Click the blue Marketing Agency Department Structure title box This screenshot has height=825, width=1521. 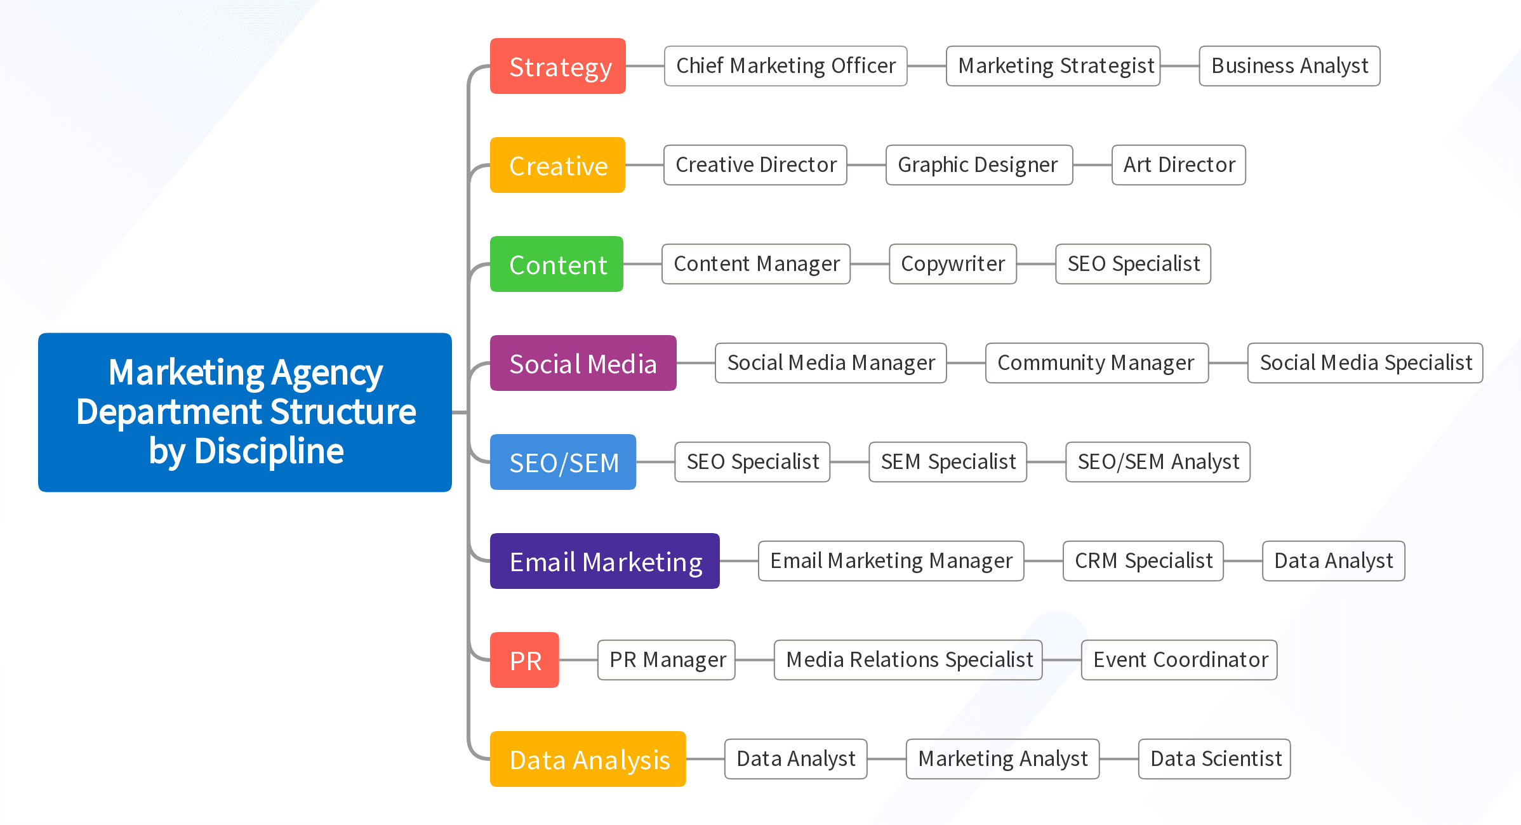[x=245, y=412]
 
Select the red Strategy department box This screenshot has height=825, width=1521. [x=558, y=66]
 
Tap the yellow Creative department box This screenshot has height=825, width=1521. [x=557, y=165]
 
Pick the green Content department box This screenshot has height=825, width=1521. [x=557, y=264]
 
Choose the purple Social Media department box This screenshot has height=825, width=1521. [x=583, y=363]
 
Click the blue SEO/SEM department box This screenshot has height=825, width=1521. [x=563, y=462]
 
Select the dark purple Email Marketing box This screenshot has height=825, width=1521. [x=604, y=561]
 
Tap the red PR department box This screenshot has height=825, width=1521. [x=524, y=660]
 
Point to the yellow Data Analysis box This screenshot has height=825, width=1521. [x=588, y=759]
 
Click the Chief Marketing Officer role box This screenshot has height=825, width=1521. [x=785, y=66]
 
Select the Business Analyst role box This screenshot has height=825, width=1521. [x=1289, y=66]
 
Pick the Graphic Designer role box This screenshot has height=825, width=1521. [x=979, y=165]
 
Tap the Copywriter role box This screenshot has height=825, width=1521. [x=952, y=264]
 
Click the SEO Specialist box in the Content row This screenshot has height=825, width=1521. [x=1133, y=264]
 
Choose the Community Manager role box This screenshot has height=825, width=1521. [x=1096, y=363]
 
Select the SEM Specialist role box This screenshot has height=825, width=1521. [x=948, y=462]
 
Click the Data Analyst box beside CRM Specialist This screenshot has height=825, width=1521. [x=1333, y=561]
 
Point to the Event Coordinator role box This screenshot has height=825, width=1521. [x=1179, y=660]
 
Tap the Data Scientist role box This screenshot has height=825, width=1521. [x=1214, y=759]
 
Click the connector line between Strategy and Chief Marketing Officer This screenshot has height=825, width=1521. [x=645, y=66]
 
